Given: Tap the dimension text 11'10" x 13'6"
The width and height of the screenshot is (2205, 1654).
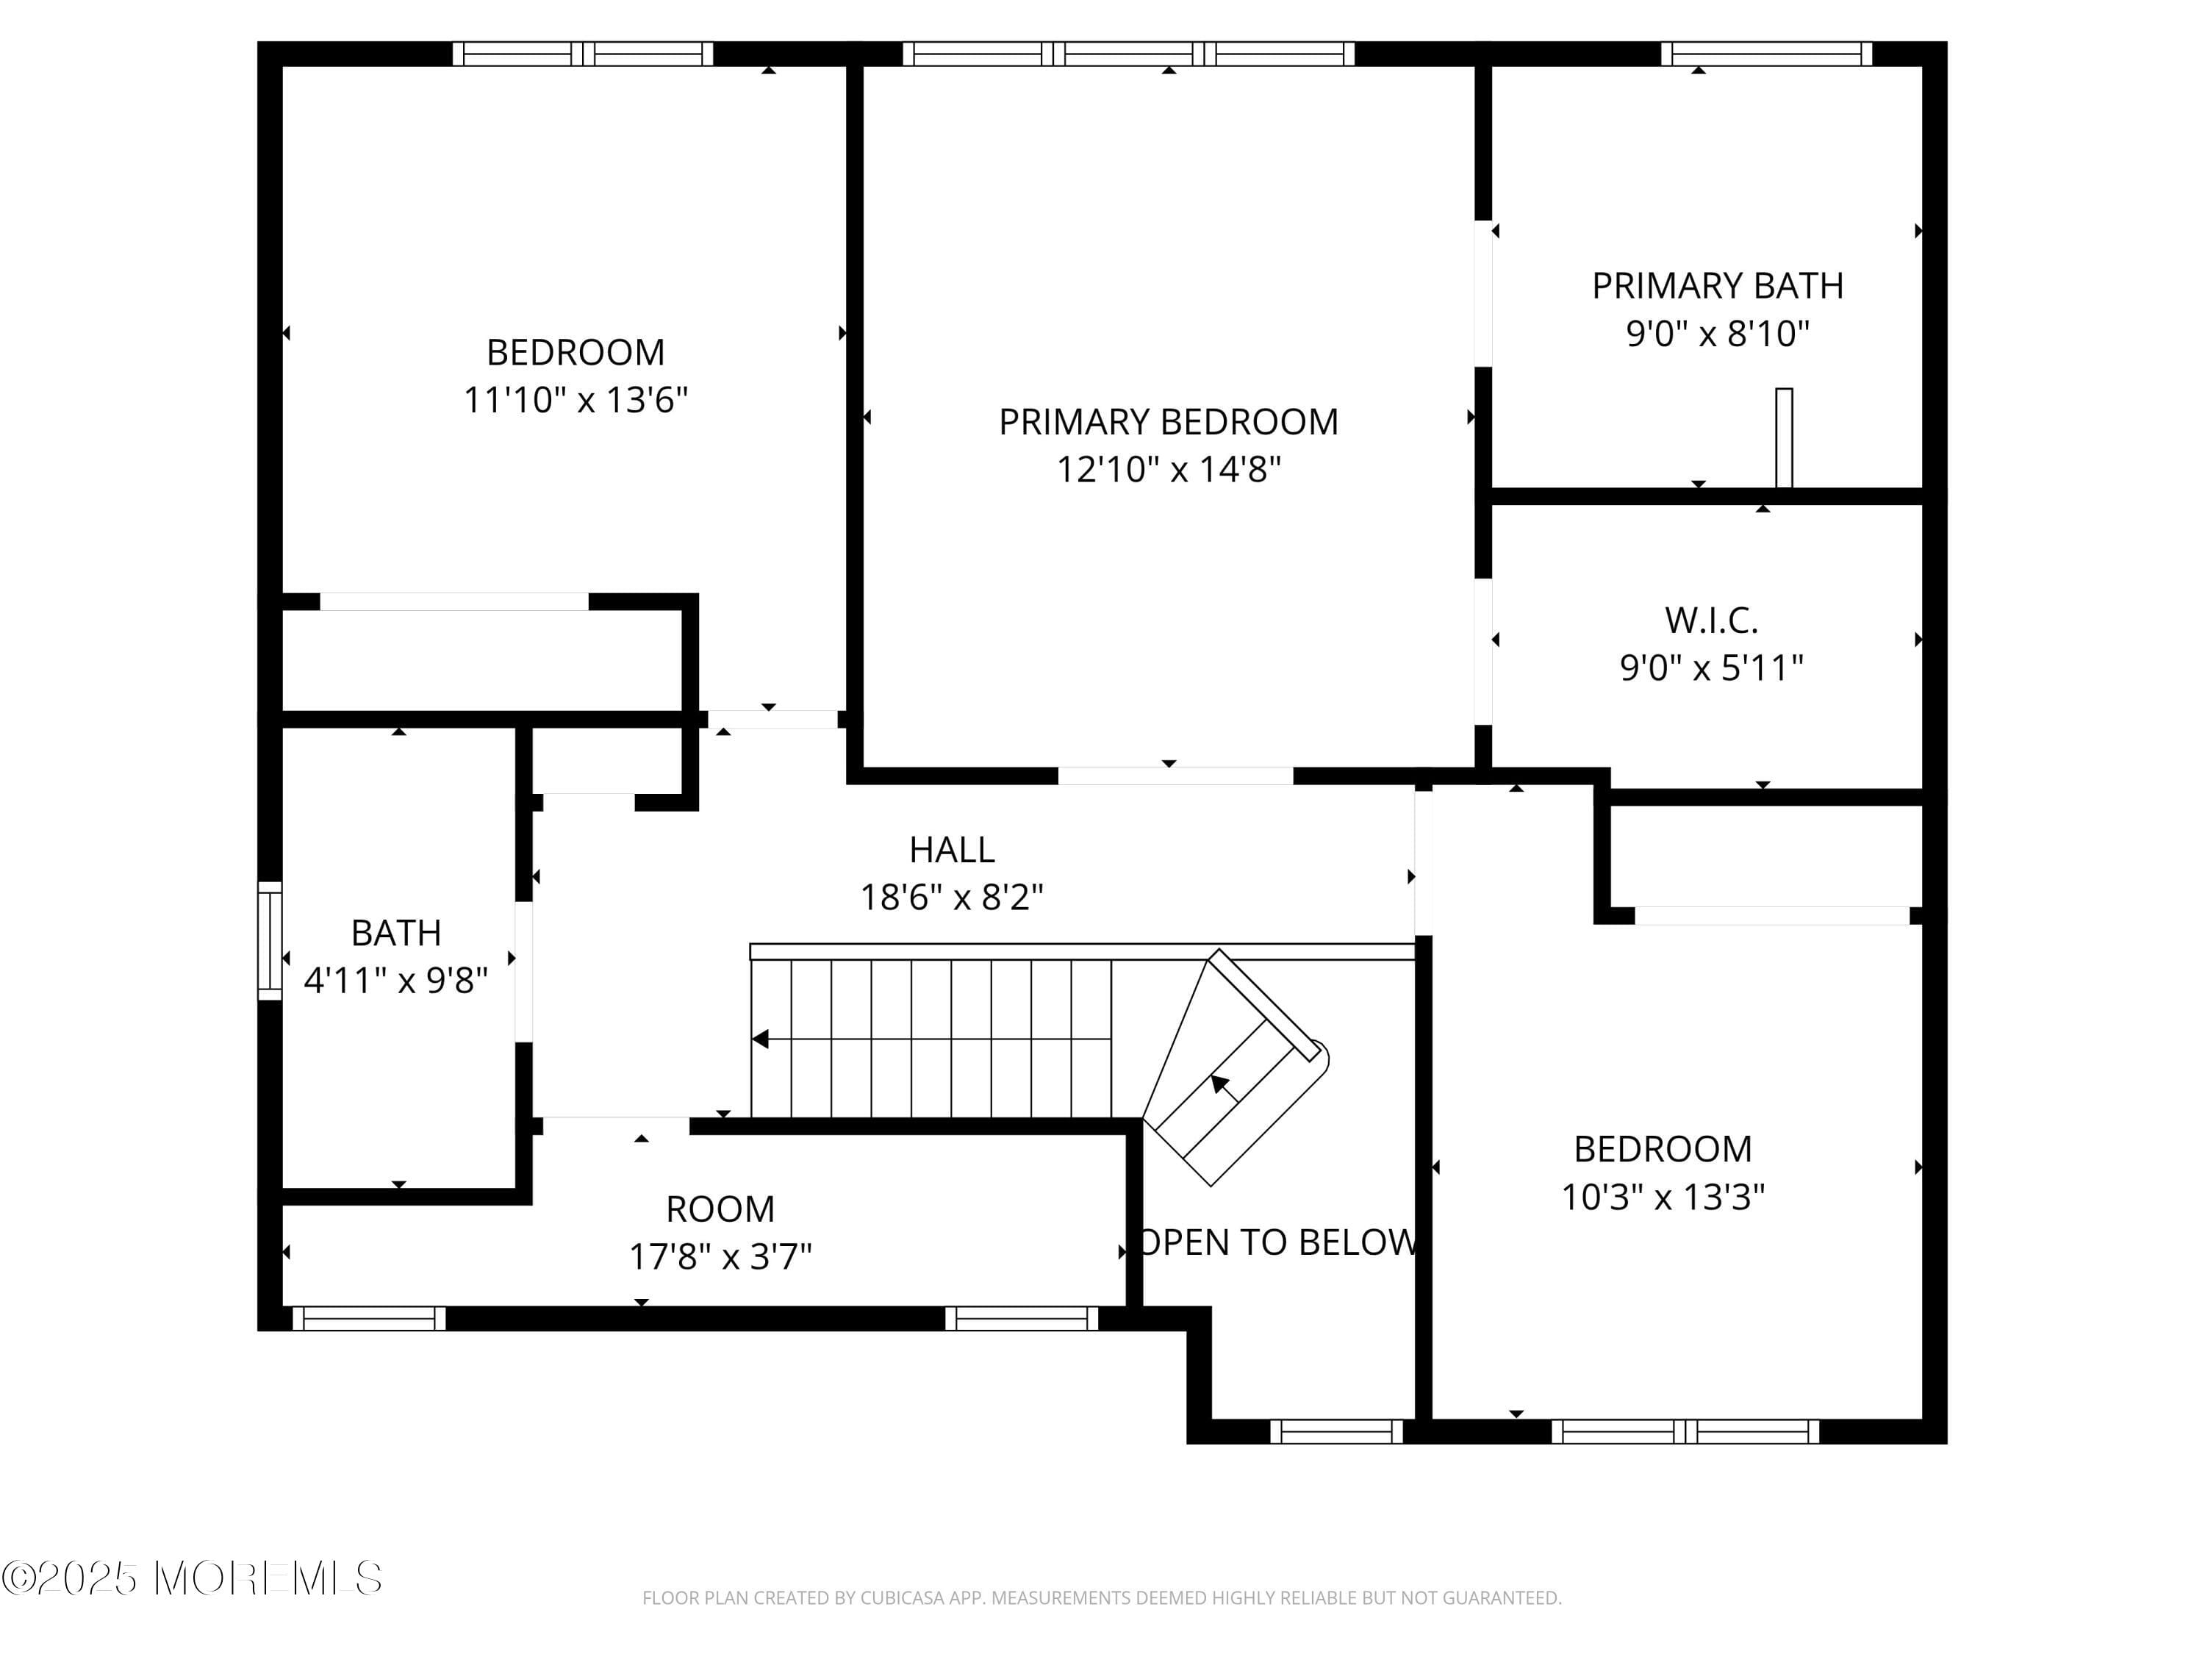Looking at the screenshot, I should tap(576, 400).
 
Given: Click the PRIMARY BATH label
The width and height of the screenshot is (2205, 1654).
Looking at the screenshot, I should tap(1716, 286).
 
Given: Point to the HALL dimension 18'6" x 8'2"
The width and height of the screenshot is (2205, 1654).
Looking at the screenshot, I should tap(951, 898).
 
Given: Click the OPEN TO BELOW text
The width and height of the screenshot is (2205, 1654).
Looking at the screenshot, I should tap(1277, 1242).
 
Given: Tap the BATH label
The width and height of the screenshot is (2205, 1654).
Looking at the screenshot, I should tap(395, 933).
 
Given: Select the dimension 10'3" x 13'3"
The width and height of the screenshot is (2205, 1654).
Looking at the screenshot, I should tap(1662, 1196).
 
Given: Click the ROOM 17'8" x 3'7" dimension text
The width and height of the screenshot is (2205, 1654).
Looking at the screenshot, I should tap(720, 1256).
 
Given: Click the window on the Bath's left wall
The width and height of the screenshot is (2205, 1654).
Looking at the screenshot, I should tap(269, 940).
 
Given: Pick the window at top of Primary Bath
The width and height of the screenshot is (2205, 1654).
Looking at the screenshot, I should tap(1766, 54).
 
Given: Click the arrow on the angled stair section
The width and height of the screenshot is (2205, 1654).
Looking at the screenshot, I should tap(1220, 1084).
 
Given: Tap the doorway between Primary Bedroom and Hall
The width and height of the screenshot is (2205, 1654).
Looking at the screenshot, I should tap(1175, 776).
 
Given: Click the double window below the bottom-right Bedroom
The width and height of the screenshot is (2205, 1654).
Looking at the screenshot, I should tap(1685, 1432).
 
